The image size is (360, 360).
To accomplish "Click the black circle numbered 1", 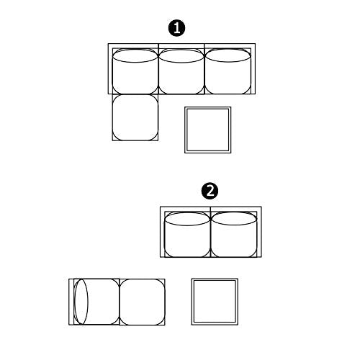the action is [177, 28].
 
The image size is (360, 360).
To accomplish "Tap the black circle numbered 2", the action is [210, 192].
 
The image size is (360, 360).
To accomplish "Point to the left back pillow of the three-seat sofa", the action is [135, 56].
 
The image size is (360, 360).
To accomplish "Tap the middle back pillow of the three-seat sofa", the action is [181, 56].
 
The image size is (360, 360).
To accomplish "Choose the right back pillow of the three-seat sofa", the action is [228, 56].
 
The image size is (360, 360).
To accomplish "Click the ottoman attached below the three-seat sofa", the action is [135, 117].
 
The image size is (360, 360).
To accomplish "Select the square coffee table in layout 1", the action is [208, 130].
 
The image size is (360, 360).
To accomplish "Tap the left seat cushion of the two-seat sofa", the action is [187, 235].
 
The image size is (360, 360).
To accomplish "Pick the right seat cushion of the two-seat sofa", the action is [234, 235].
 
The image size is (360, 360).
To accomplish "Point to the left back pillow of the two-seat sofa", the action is [187, 219].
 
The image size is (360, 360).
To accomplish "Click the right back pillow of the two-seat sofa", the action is [234, 219].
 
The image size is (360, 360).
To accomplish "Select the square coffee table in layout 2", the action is [215, 302].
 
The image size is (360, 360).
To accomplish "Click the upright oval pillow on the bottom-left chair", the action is [81, 302].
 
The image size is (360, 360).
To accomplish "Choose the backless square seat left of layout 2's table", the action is [142, 302].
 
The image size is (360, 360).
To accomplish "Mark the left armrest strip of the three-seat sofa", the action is [110, 68].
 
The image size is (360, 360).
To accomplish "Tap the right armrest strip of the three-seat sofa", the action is [253, 68].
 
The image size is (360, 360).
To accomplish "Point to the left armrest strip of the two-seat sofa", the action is [163, 232].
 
